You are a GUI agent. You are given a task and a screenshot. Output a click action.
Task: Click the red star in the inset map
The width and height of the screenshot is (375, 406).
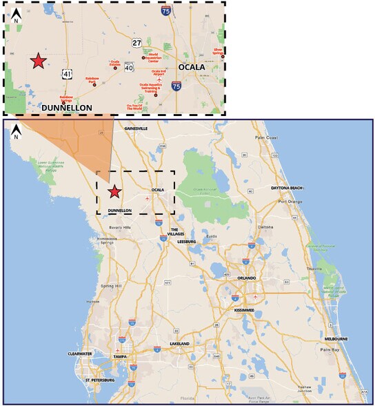[39, 61]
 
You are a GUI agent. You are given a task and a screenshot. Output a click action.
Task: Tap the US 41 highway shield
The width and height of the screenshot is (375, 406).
[67, 73]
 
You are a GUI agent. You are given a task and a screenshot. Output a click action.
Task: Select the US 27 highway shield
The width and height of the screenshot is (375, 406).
[137, 43]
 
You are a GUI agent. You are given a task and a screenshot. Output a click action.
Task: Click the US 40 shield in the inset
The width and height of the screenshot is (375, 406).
[129, 67]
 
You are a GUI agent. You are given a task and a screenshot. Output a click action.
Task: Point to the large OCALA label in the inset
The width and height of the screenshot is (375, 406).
[192, 67]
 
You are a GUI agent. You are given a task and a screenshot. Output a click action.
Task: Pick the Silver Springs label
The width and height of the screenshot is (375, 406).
[219, 52]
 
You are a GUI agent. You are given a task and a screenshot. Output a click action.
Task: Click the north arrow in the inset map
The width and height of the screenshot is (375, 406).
[17, 14]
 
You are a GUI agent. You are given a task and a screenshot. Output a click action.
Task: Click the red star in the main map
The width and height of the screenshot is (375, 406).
[114, 192]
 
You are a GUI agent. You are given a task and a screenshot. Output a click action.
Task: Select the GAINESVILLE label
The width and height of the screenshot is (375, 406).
[136, 128]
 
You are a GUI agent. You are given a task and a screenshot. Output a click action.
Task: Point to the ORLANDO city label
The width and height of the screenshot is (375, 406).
[246, 278]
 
